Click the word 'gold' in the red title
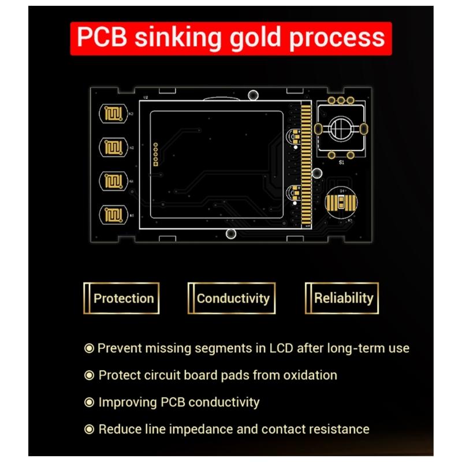pyautogui.click(x=255, y=38)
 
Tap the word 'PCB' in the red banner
pyautogui.click(x=102, y=37)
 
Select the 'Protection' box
pyautogui.click(x=121, y=298)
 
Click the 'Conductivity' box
pyautogui.click(x=232, y=298)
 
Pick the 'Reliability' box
pyautogui.click(x=342, y=298)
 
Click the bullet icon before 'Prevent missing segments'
pyautogui.click(x=89, y=348)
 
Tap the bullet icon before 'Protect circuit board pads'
pyautogui.click(x=89, y=375)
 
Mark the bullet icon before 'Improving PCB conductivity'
pyautogui.click(x=89, y=402)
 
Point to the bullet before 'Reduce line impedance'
pyautogui.click(x=89, y=429)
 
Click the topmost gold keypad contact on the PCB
pyautogui.click(x=113, y=113)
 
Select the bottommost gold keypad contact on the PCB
pyautogui.click(x=113, y=214)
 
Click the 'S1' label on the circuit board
pyautogui.click(x=341, y=162)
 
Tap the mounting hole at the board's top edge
pyautogui.click(x=253, y=95)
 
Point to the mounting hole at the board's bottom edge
pyautogui.click(x=231, y=234)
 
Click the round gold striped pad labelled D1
pyautogui.click(x=341, y=203)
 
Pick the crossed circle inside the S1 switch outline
pyautogui.click(x=341, y=128)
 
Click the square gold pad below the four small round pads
pyautogui.click(x=156, y=164)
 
